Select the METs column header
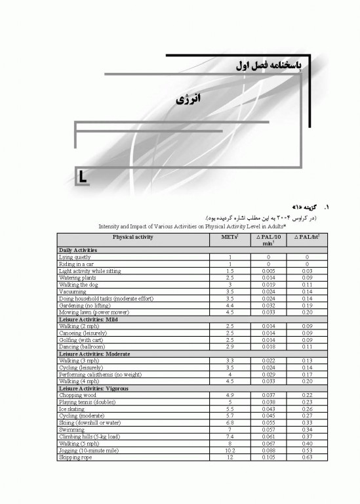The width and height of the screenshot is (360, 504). (230, 237)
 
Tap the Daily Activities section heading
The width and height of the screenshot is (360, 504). (78, 250)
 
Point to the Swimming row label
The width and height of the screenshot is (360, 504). (72, 430)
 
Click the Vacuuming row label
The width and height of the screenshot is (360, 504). (73, 291)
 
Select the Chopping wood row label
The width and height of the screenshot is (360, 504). (77, 395)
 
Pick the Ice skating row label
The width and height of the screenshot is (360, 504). (73, 409)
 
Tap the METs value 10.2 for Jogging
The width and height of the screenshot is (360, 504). (230, 450)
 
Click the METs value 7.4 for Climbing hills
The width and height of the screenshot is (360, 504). (230, 436)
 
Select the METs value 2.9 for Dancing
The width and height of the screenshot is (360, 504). (230, 346)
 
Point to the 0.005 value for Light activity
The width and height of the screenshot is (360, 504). (268, 270)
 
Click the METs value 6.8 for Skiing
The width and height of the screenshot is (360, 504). (230, 423)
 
